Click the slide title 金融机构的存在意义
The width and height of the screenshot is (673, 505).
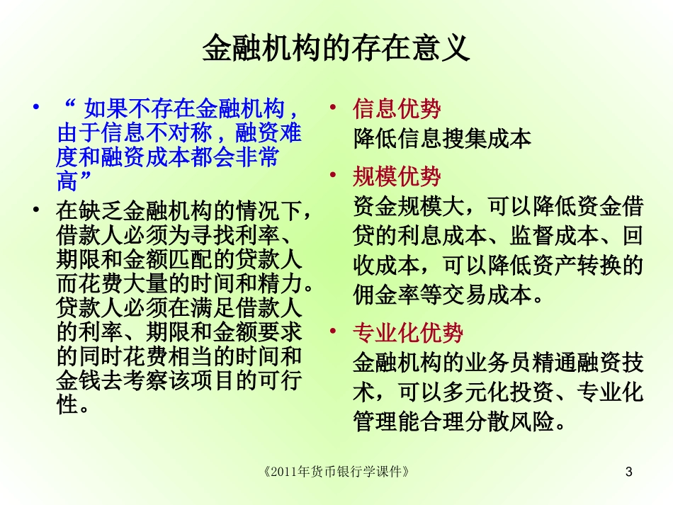[x=336, y=48]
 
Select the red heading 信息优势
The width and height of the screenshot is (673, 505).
[x=397, y=109]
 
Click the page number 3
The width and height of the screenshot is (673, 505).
[x=630, y=471]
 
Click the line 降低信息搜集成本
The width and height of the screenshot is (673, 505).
[x=442, y=139]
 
